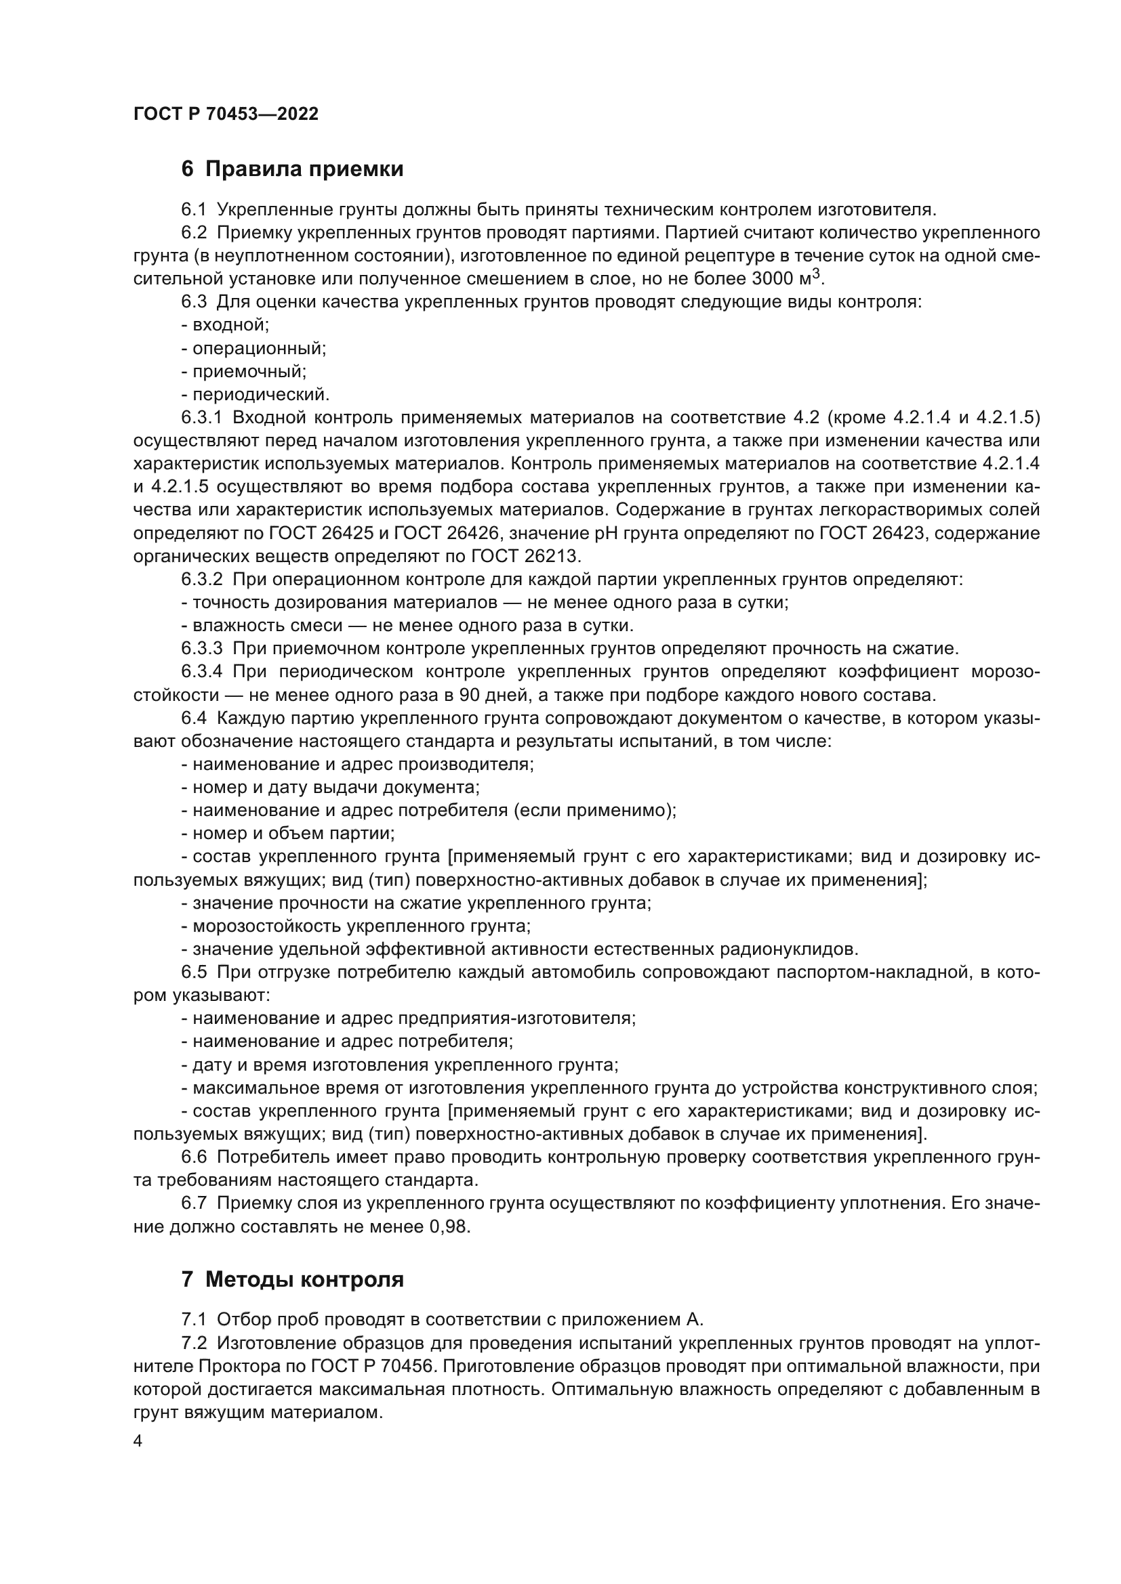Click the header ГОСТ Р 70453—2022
226,114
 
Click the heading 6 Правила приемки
292,169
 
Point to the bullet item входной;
226,325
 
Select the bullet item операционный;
254,348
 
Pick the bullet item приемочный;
245,372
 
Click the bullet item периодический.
256,395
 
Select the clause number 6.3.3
201,649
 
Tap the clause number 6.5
194,972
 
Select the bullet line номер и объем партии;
289,834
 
